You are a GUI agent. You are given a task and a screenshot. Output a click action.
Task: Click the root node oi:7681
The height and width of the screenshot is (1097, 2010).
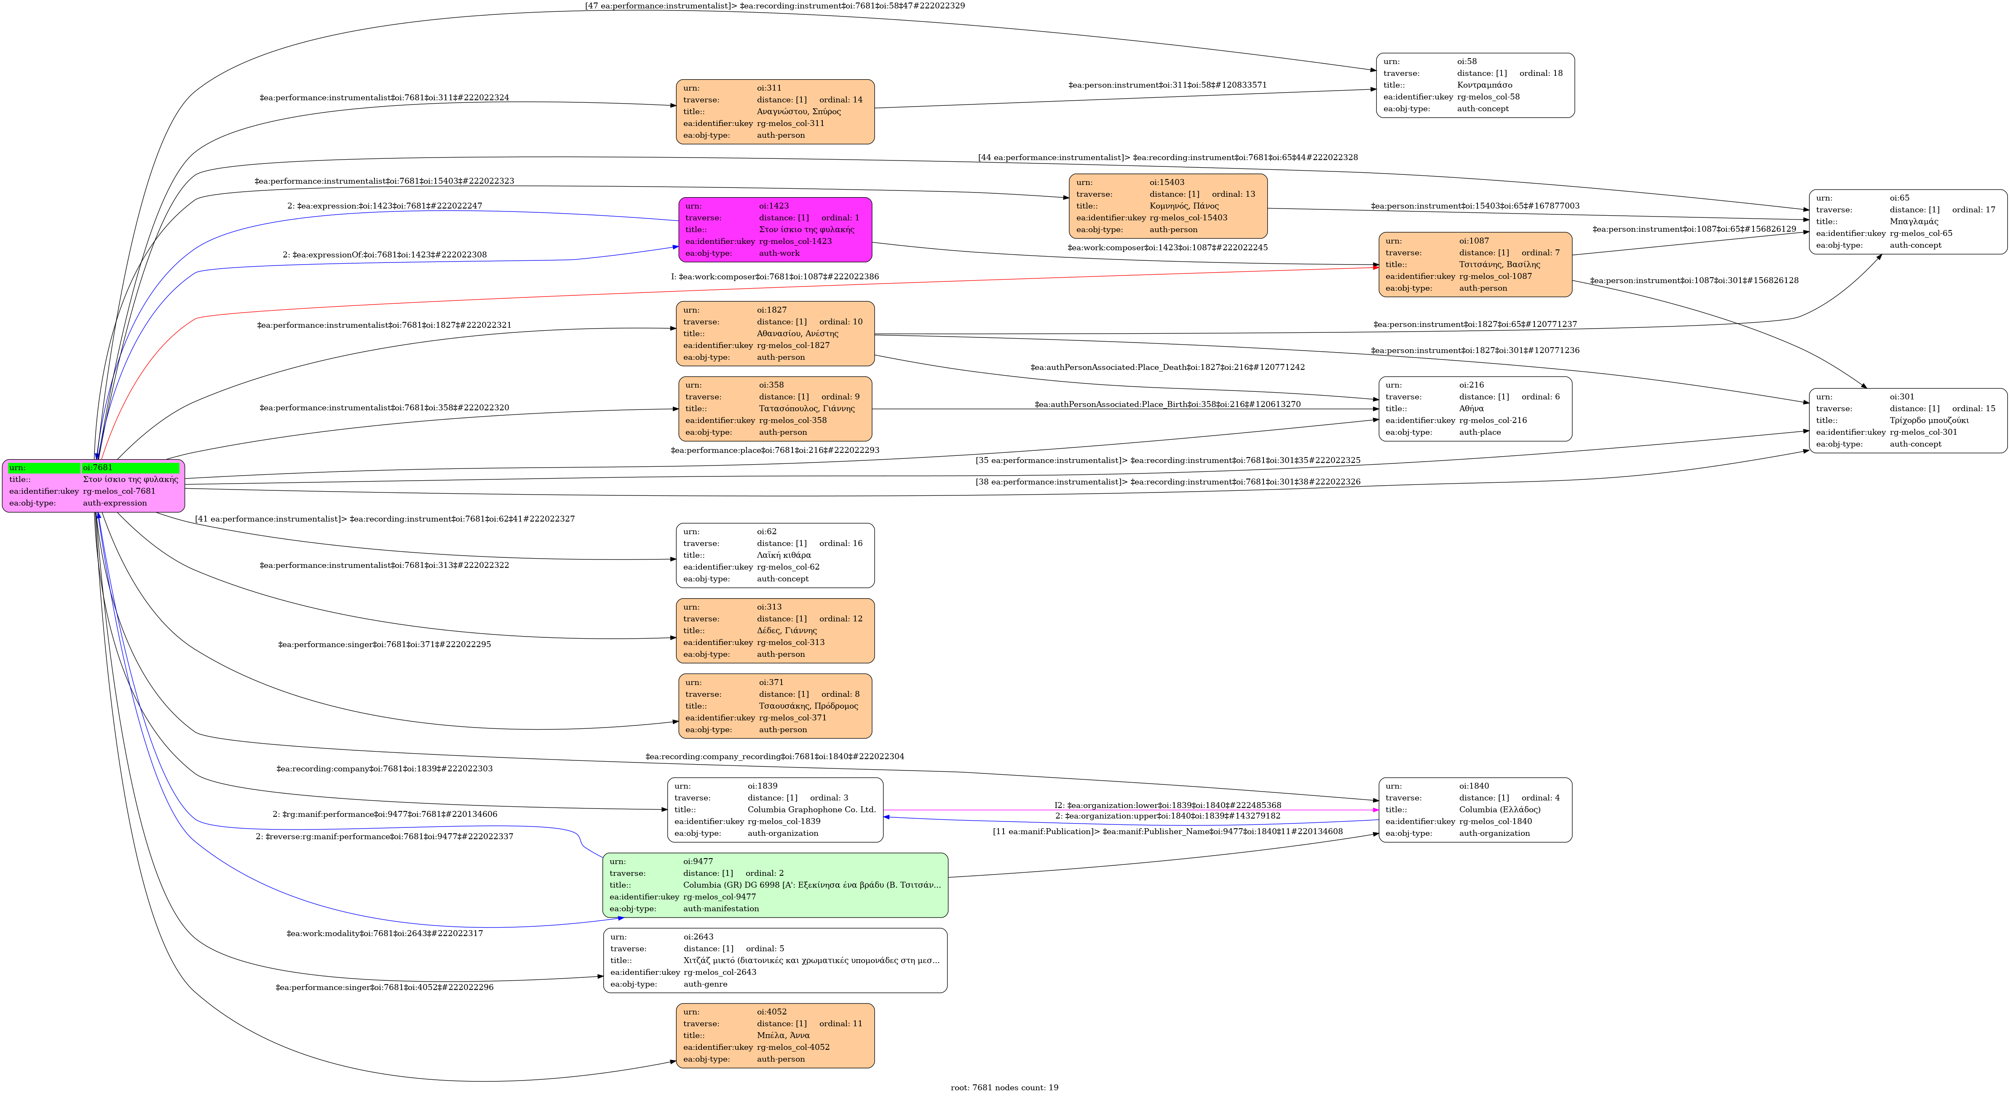click(x=94, y=485)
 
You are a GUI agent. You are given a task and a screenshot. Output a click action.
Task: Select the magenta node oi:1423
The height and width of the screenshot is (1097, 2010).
click(x=775, y=230)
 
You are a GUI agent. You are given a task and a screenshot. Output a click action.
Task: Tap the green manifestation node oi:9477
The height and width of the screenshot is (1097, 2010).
click(x=775, y=885)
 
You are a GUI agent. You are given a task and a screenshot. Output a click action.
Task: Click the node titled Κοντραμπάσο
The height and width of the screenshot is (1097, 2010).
click(x=1475, y=85)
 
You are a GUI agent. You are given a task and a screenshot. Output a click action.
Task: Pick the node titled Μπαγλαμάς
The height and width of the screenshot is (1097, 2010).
click(x=1908, y=222)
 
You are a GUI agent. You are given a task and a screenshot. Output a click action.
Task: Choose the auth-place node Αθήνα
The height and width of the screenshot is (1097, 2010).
click(x=1475, y=409)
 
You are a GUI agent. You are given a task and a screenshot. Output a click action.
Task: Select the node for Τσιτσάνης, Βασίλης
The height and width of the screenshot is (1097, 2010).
click(x=1475, y=265)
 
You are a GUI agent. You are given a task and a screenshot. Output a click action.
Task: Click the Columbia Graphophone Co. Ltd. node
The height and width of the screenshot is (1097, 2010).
click(x=775, y=810)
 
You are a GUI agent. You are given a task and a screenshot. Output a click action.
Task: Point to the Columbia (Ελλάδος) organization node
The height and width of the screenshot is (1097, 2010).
click(x=1475, y=810)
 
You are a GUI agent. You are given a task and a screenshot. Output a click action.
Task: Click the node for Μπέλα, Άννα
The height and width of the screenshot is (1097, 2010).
click(x=775, y=1035)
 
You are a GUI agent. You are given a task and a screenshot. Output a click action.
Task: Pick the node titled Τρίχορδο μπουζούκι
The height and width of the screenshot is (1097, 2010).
click(x=1908, y=420)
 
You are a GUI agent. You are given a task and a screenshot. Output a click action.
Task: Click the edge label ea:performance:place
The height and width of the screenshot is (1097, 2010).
click(x=775, y=450)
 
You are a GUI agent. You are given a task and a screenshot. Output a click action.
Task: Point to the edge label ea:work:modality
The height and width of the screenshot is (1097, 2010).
click(x=385, y=933)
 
